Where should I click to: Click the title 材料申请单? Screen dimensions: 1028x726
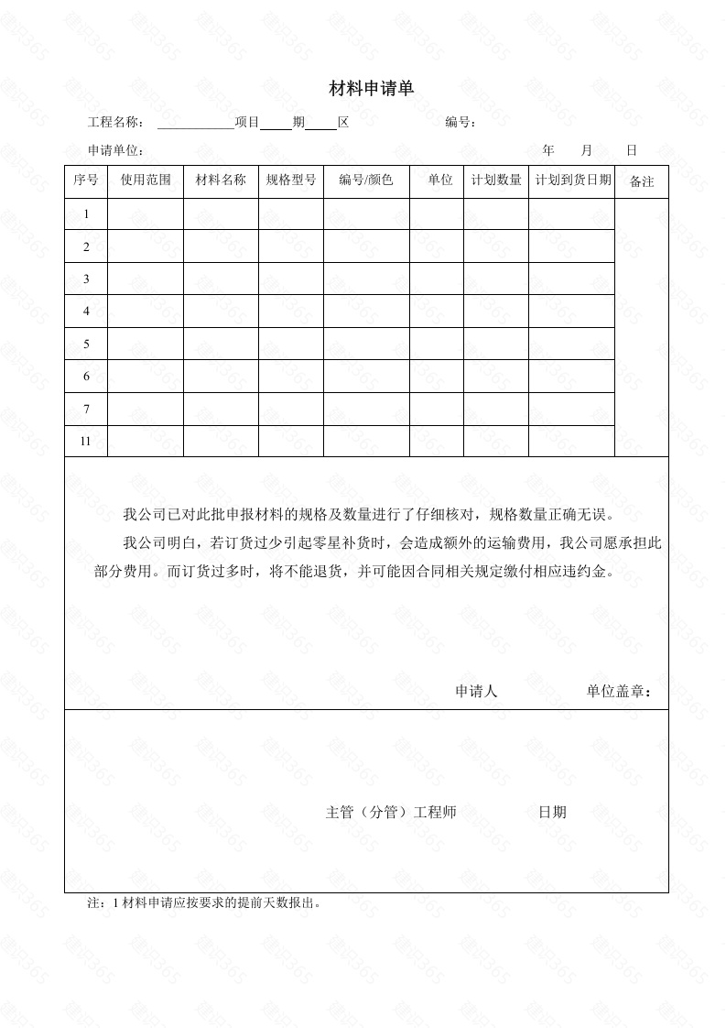[x=372, y=89]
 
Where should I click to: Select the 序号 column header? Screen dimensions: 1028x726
[x=86, y=180]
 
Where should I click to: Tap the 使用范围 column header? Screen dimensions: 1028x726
[x=146, y=180]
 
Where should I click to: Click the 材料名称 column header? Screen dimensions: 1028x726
[x=221, y=180]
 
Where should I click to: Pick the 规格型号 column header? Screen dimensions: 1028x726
[x=290, y=180]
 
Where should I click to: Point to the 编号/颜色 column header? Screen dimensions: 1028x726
[x=365, y=180]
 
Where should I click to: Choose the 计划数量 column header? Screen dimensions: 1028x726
[x=495, y=180]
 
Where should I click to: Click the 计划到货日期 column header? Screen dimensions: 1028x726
[x=572, y=180]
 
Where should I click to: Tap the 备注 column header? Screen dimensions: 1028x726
[x=642, y=181]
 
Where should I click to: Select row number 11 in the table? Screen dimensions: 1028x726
[x=86, y=441]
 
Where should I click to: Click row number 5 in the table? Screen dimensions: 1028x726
[x=86, y=344]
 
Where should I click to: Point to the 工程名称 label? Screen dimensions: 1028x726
[x=115, y=123]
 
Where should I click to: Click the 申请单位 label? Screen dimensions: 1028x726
[x=115, y=150]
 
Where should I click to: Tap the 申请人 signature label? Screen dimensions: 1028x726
[x=476, y=692]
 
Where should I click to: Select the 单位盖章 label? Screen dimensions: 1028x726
[x=619, y=692]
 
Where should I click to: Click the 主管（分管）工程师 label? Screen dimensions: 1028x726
[x=391, y=812]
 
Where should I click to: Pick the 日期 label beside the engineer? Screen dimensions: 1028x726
[x=552, y=812]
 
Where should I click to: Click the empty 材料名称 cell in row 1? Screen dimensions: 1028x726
[x=221, y=214]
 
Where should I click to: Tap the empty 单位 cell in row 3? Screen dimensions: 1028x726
[x=436, y=279]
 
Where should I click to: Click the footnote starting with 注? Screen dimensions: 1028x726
[x=203, y=902]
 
